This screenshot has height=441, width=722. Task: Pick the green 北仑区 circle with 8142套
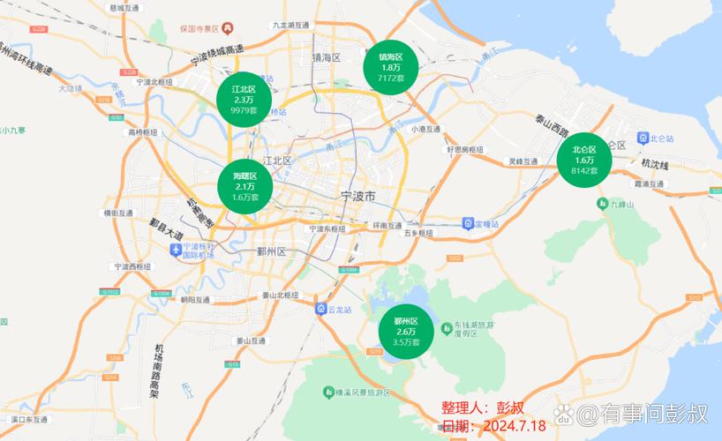tap(584, 160)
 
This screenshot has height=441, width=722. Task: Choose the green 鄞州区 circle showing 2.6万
tap(406, 331)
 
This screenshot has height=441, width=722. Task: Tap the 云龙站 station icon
tap(321, 310)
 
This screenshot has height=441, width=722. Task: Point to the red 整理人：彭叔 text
tap(483, 408)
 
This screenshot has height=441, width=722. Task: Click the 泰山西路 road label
tap(552, 126)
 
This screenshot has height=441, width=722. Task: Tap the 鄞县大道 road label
tap(165, 233)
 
